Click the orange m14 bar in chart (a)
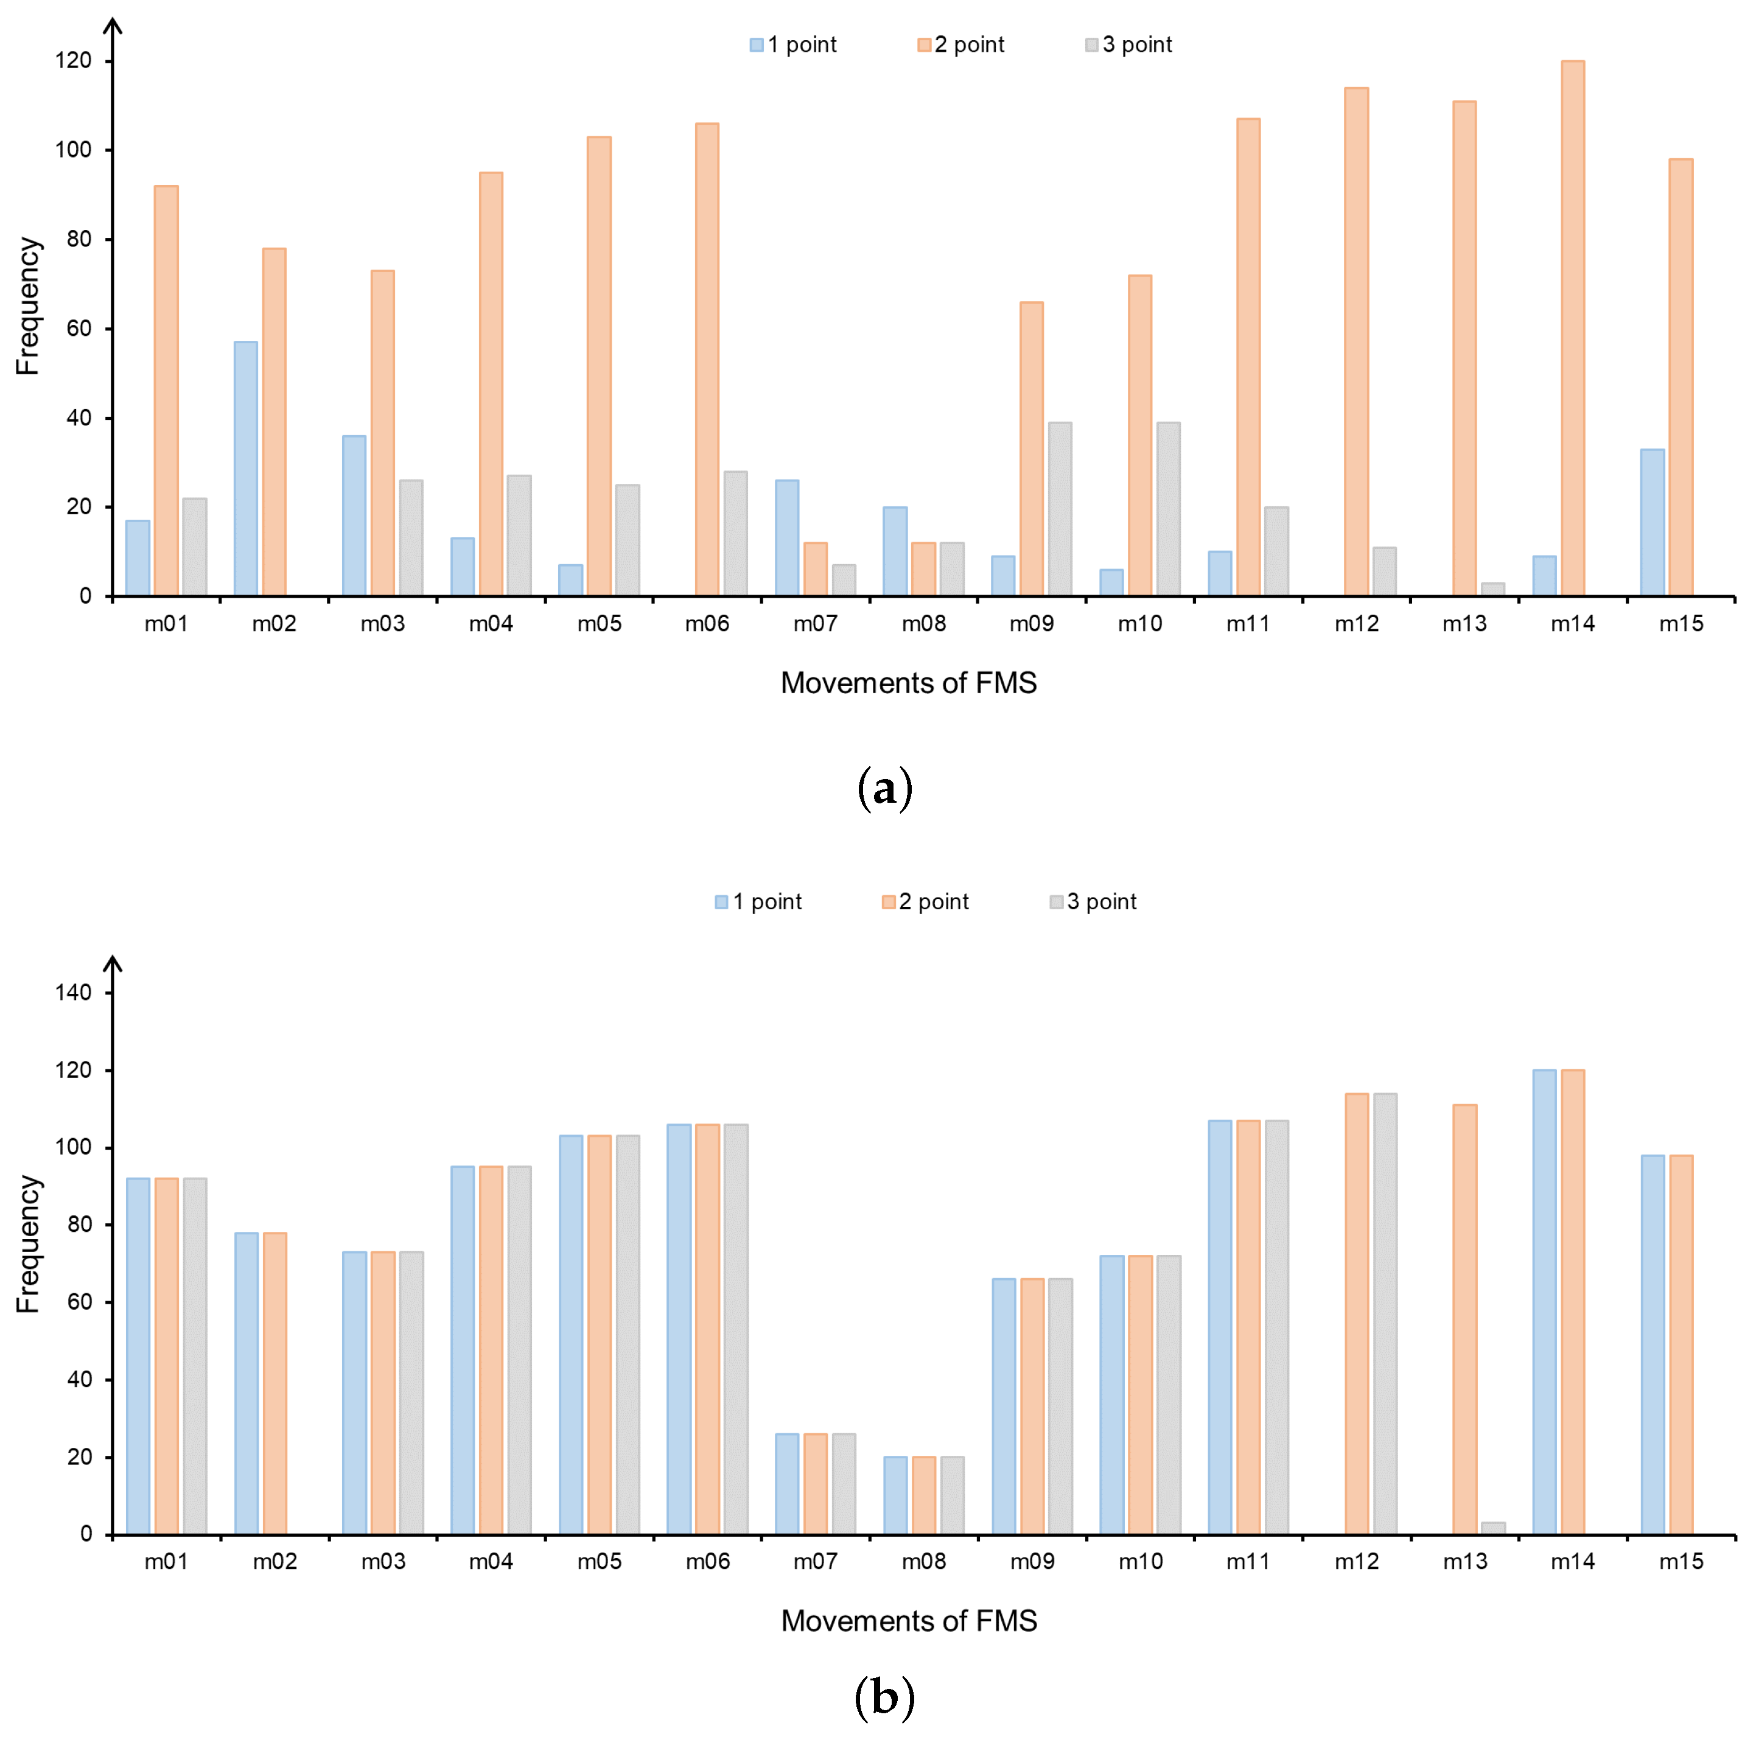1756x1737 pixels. (x=1572, y=328)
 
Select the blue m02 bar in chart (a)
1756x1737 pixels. (x=245, y=468)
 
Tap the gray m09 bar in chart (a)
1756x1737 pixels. (x=1059, y=509)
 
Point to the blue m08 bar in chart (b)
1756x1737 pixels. (x=895, y=1495)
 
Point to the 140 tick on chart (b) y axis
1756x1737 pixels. (x=74, y=993)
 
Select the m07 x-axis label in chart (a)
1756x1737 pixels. (x=814, y=624)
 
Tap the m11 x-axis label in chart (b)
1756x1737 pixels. (x=1247, y=1562)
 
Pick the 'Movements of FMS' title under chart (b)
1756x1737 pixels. (x=908, y=1621)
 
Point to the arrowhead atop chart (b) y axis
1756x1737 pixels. (x=113, y=962)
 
